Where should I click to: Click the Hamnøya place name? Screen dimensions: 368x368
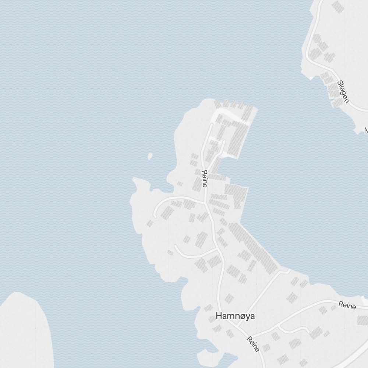click(235, 316)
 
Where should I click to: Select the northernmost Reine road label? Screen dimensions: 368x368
click(205, 179)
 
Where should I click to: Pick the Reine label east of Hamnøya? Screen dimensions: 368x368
click(347, 305)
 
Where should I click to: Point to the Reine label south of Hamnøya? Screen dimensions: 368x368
click(254, 344)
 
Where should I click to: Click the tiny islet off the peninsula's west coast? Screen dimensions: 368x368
click(150, 156)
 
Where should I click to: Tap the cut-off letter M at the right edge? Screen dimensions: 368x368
click(366, 130)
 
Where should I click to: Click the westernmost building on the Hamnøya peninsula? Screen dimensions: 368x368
click(150, 223)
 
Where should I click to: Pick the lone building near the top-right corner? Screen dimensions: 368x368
click(337, 7)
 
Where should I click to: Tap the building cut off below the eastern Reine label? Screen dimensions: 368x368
click(363, 320)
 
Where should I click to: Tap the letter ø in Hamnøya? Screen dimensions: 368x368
click(240, 316)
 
